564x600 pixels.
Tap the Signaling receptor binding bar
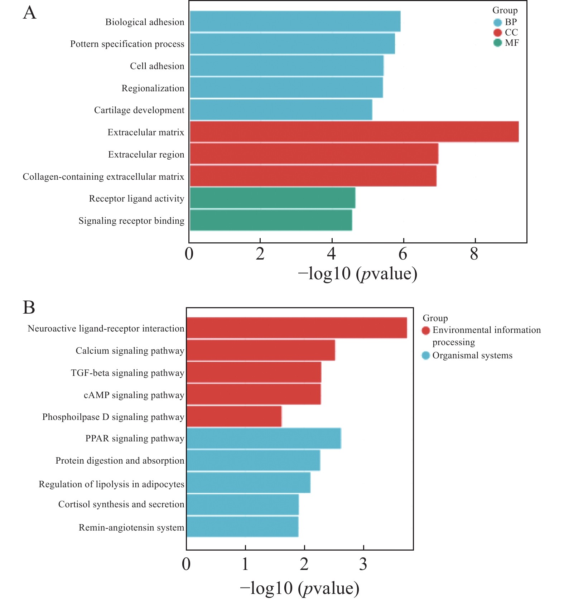(x=271, y=220)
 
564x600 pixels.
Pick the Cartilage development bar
(x=281, y=110)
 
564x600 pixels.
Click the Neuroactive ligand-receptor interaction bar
(x=297, y=328)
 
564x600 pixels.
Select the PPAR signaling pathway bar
(x=264, y=438)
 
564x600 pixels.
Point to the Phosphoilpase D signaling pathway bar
(x=234, y=416)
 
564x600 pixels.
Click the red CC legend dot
(x=497, y=33)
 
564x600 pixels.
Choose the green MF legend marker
(x=497, y=43)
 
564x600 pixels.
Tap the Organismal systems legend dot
(x=426, y=355)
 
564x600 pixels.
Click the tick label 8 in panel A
(x=474, y=254)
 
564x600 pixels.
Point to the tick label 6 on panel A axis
(x=403, y=254)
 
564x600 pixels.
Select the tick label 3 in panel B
(x=363, y=565)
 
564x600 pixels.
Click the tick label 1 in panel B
(x=245, y=565)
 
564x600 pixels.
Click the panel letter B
(x=29, y=308)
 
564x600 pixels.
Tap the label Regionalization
(x=153, y=88)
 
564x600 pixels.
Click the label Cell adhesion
(x=157, y=66)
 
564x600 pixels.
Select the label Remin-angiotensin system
(x=131, y=527)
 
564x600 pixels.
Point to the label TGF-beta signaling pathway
(x=127, y=373)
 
